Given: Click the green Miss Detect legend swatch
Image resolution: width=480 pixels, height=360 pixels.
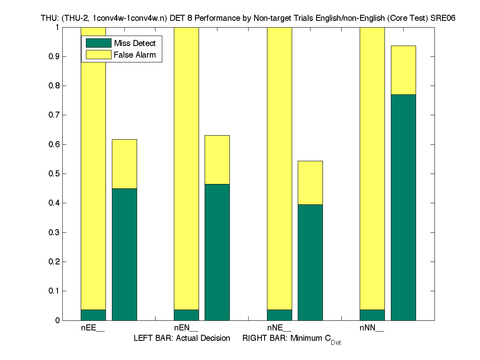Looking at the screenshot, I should point(98,43).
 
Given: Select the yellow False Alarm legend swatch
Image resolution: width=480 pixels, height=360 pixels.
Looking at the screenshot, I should point(98,55).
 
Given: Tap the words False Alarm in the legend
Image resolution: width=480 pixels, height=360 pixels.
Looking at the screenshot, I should point(135,55).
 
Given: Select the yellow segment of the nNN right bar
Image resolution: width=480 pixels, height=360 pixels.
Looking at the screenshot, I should point(403,70).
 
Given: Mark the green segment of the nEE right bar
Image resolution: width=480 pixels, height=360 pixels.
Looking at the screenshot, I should point(124,254).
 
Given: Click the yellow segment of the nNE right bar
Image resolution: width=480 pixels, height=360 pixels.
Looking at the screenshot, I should point(310,182).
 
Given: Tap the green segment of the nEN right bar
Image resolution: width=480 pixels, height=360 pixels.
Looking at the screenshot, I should point(217,252).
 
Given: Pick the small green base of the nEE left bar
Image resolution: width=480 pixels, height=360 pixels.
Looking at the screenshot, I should point(93,315).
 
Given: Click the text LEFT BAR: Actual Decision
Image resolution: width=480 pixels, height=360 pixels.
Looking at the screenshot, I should point(182,338).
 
